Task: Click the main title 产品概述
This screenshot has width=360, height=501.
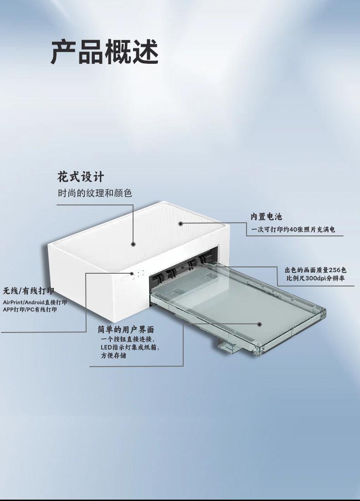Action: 104,52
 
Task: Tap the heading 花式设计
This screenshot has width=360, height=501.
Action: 81,177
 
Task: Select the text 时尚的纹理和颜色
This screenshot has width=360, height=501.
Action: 95,193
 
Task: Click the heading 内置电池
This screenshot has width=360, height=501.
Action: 266,217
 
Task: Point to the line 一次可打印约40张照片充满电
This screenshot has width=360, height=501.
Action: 293,230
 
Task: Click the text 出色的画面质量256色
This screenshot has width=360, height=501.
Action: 315,270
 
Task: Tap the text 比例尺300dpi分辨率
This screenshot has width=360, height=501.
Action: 315,278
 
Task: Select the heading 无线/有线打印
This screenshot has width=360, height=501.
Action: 29,291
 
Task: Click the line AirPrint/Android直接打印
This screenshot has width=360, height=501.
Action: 35,302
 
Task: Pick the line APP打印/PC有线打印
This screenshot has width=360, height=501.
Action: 30,310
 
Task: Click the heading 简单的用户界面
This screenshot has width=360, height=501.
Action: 126,329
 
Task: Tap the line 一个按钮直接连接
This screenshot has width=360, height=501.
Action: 128,339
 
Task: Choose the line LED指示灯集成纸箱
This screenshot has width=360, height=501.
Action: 130,348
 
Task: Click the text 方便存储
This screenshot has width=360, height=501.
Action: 113,356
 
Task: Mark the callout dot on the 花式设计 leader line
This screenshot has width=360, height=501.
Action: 134,244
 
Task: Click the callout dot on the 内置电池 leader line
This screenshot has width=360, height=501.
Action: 180,224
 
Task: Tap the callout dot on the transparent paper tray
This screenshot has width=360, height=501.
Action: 260,324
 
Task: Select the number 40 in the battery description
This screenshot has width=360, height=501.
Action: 293,230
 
